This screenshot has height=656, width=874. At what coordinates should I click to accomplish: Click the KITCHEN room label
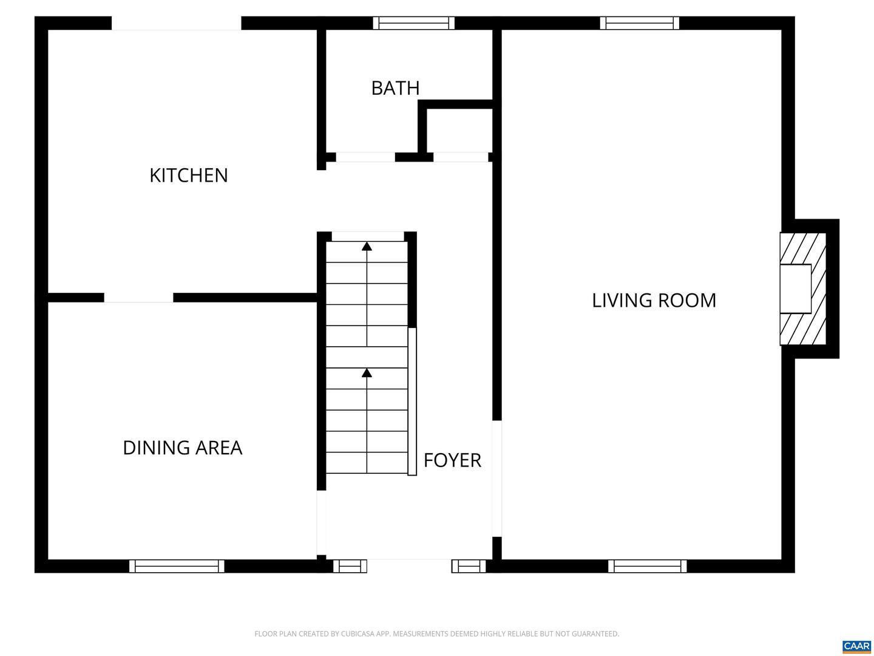188,176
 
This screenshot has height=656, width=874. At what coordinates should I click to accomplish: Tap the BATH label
395,88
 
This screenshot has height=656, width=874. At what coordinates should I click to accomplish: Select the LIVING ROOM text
654,301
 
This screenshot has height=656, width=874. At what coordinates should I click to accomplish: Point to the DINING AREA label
182,448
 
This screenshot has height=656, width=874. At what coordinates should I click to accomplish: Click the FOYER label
452,460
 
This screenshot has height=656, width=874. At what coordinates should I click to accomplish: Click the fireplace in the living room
802,289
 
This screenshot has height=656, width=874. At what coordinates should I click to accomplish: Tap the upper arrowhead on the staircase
367,246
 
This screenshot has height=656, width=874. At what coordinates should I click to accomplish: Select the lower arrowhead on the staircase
367,372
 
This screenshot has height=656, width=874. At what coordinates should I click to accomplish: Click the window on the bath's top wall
413,23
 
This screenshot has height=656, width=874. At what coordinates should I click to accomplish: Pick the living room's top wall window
640,23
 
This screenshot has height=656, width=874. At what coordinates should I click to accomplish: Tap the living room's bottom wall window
648,566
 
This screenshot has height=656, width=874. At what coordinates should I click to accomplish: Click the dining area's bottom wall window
177,566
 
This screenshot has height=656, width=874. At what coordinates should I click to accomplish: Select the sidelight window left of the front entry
350,566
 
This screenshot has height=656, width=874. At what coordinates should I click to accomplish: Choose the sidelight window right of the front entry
469,566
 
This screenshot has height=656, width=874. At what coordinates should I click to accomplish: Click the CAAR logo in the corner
856,646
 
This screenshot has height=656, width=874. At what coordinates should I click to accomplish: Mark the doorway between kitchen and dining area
138,298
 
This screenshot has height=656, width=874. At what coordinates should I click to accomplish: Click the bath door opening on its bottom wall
365,157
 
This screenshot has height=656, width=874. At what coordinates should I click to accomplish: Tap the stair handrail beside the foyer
412,401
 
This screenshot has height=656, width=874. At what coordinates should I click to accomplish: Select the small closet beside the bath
459,131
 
